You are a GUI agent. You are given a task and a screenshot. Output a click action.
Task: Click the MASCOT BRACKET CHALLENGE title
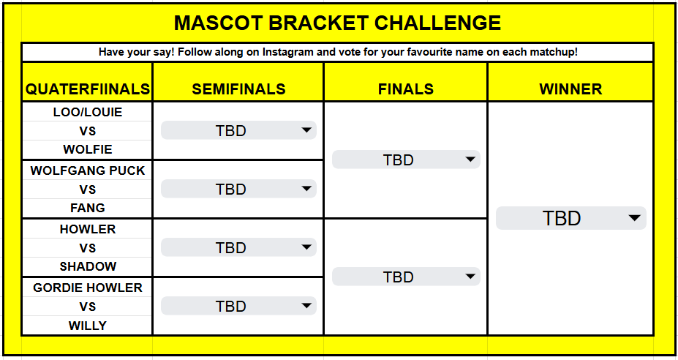[337, 23]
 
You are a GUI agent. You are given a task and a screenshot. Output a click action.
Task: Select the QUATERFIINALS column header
[88, 89]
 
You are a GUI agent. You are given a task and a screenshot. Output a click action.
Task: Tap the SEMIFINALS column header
[238, 89]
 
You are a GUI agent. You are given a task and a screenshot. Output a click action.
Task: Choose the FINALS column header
[405, 89]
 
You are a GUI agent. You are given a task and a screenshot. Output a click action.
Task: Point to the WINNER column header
[570, 89]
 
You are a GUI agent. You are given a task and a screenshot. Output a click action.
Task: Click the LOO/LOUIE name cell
[88, 112]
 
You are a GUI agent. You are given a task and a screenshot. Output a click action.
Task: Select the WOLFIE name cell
[88, 149]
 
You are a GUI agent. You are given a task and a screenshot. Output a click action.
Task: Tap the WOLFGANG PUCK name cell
[88, 170]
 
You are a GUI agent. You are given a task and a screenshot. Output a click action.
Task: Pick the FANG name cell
[88, 208]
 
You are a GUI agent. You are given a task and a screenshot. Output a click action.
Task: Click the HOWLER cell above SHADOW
[88, 229]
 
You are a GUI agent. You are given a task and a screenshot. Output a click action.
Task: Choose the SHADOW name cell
[88, 266]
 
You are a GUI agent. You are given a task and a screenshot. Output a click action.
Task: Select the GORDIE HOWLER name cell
[88, 288]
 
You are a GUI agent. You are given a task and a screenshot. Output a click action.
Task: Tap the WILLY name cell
[88, 325]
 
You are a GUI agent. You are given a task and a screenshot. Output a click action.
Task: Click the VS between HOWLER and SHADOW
[88, 248]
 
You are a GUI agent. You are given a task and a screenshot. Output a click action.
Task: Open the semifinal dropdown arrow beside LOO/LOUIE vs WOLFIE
[306, 131]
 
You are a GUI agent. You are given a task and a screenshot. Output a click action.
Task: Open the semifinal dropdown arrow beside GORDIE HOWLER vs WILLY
[306, 307]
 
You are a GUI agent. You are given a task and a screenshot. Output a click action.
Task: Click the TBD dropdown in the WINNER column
[570, 218]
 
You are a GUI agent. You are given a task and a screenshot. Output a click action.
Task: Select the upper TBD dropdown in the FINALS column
[405, 160]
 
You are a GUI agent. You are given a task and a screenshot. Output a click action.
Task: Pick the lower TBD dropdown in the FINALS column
[405, 277]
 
